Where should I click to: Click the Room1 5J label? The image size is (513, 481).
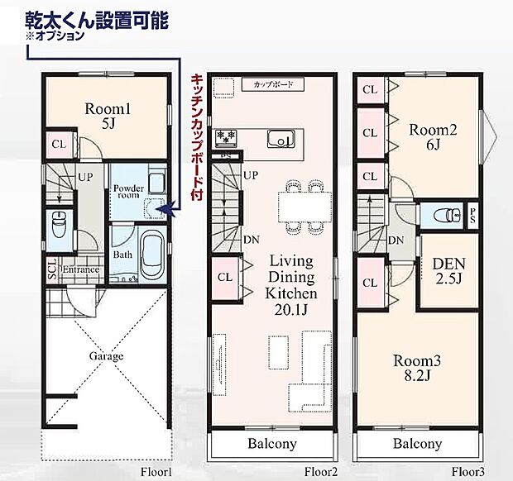pos(103,117)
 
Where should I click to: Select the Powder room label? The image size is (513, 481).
pos(127,192)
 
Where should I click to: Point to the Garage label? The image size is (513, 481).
pos(107,356)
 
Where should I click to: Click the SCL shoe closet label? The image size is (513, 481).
pos(52,270)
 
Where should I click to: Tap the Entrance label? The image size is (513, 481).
pos(80,269)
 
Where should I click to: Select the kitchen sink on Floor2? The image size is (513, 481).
pos(281,140)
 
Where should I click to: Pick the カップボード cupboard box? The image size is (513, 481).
pos(274,85)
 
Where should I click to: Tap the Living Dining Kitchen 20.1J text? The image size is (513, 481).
pos(289,285)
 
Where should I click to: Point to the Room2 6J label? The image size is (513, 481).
pos(434,136)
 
